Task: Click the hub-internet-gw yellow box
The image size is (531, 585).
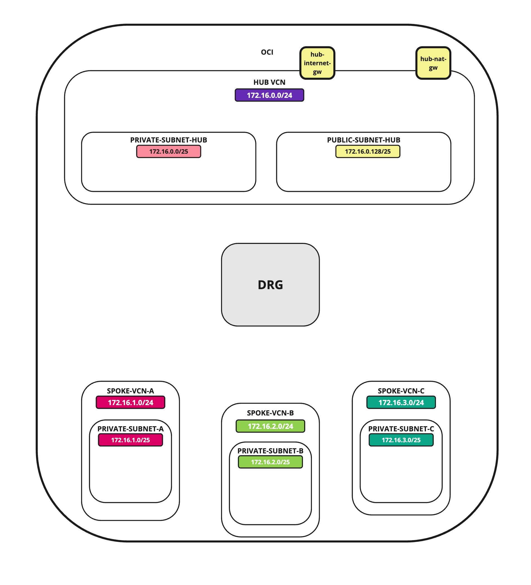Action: tap(317, 63)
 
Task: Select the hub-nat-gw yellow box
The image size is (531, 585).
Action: tap(433, 63)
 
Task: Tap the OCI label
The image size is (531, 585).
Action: tap(267, 52)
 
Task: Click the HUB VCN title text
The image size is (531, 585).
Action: tap(269, 83)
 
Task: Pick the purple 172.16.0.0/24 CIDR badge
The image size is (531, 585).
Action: tap(269, 95)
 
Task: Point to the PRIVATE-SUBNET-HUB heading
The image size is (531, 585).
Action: tap(168, 140)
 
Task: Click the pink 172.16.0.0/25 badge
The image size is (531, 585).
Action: tap(168, 151)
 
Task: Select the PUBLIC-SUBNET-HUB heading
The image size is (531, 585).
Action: tap(363, 140)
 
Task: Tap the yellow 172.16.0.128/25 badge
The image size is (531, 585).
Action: tap(367, 151)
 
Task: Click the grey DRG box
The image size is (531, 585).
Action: tap(270, 285)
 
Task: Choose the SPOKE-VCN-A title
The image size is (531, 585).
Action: tap(130, 391)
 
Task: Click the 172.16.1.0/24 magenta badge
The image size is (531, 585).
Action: tap(130, 402)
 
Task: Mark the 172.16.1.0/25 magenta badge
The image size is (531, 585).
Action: tap(130, 440)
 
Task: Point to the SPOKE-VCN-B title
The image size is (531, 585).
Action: tap(270, 413)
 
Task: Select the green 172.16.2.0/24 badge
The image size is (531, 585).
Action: tap(270, 426)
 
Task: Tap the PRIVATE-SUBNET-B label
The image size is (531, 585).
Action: tap(270, 451)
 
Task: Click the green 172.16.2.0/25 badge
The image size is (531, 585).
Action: tap(270, 462)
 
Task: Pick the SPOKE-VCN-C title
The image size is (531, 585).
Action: tap(401, 391)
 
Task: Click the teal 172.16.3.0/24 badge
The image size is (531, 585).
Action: tap(401, 402)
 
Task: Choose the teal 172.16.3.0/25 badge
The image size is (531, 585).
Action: tap(401, 440)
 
